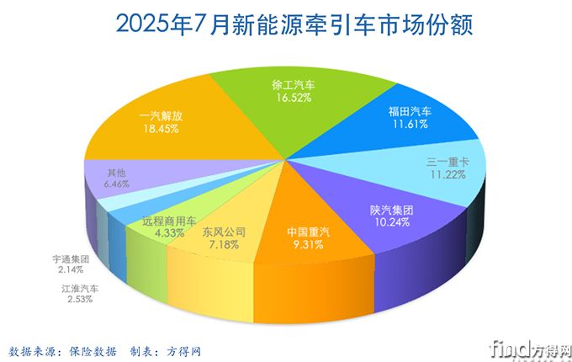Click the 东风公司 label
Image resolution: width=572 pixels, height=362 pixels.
pyautogui.click(x=223, y=231)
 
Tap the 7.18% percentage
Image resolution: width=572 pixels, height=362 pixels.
pyautogui.click(x=223, y=244)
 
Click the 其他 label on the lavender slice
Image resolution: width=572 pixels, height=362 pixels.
pyautogui.click(x=119, y=168)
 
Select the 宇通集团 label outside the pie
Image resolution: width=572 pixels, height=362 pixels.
pyautogui.click(x=71, y=260)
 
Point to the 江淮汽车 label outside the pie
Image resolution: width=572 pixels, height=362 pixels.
pyautogui.click(x=80, y=289)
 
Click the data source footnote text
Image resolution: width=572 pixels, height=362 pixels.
pyautogui.click(x=105, y=349)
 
